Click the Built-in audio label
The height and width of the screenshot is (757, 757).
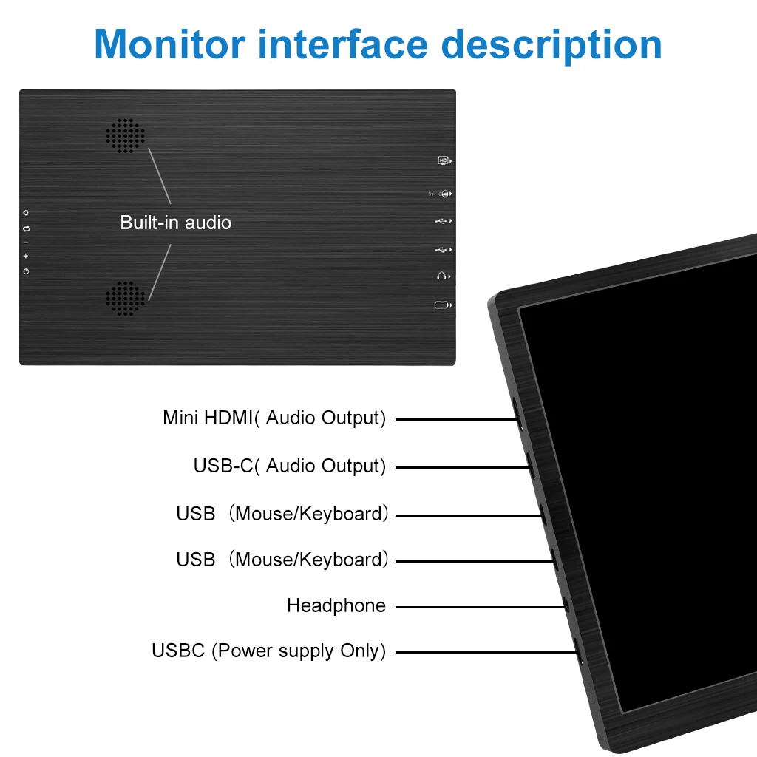pyautogui.click(x=175, y=223)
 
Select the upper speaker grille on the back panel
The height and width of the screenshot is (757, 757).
pyautogui.click(x=125, y=136)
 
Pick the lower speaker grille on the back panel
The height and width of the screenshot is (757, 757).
pyautogui.click(x=125, y=299)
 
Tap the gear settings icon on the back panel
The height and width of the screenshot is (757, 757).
pyautogui.click(x=26, y=214)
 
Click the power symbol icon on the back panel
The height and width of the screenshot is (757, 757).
pyautogui.click(x=26, y=271)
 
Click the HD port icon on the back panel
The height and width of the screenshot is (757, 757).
pyautogui.click(x=444, y=160)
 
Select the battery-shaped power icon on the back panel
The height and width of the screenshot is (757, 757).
pyautogui.click(x=442, y=305)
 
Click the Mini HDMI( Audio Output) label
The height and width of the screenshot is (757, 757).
pyautogui.click(x=274, y=418)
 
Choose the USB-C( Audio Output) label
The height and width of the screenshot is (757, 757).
pyautogui.click(x=289, y=466)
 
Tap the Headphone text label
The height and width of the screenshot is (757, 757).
pyautogui.click(x=336, y=606)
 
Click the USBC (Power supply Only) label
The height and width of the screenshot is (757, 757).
pyautogui.click(x=268, y=651)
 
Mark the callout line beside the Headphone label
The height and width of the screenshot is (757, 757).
pyautogui.click(x=481, y=606)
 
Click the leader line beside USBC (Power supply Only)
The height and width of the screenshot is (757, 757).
pyautogui.click(x=485, y=652)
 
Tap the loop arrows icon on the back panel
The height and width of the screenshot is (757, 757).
pyautogui.click(x=26, y=228)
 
